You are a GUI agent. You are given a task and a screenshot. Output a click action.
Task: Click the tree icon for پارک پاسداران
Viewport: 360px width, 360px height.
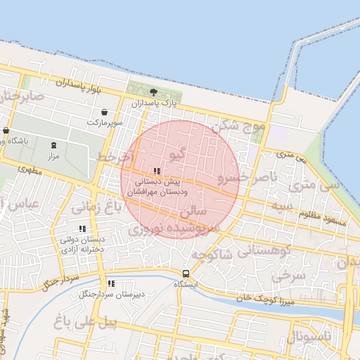coord(154,92)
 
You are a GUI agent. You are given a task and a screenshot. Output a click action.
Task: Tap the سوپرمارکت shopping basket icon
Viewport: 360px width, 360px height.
coord(105,112)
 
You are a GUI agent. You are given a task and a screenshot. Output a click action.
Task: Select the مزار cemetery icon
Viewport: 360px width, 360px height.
coord(53,145)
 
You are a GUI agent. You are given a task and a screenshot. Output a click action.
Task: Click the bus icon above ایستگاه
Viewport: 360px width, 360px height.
coord(186,274)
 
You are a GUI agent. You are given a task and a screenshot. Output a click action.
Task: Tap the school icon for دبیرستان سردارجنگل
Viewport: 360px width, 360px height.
coord(110,283)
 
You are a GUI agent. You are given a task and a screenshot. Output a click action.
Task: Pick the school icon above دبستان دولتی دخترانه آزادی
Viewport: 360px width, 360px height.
coord(83,229)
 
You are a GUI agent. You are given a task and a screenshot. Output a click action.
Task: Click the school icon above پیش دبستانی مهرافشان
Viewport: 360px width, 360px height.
coord(157,171)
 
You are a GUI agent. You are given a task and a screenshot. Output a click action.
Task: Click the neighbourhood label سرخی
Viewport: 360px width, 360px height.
coord(289,276)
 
